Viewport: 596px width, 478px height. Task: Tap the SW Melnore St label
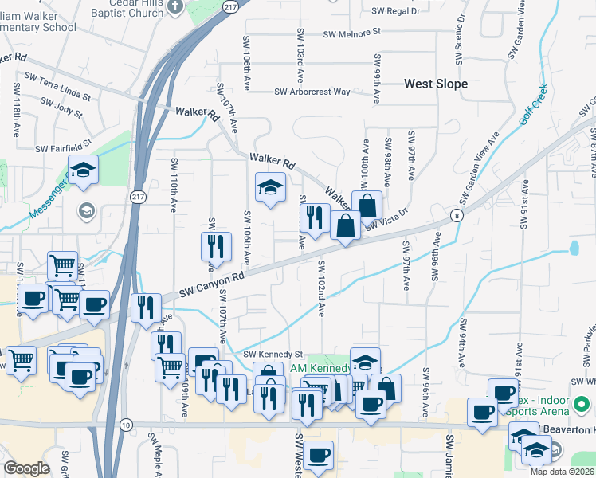point(353,34)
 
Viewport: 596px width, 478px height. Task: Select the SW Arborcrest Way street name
point(312,92)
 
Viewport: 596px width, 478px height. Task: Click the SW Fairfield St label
point(64,148)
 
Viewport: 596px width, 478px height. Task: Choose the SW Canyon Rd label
point(211,285)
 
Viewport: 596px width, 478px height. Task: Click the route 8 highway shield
point(455,215)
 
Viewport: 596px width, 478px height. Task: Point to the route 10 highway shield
point(127,426)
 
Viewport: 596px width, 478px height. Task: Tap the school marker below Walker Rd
point(270,188)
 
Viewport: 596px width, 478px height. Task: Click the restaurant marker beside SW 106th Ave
point(215,247)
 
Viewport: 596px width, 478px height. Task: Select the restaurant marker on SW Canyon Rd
point(146,308)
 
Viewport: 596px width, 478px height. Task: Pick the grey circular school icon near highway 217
point(85,211)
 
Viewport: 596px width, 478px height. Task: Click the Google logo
point(25,468)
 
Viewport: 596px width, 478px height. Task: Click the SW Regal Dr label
point(395,11)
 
